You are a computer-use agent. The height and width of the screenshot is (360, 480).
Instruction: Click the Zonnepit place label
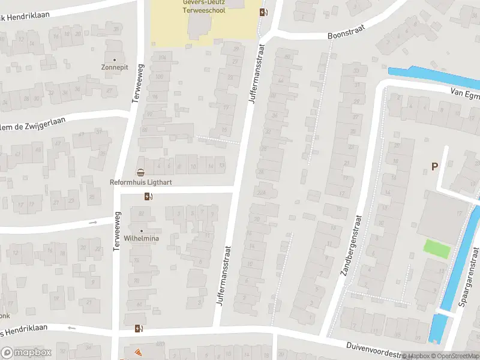(x=115, y=68)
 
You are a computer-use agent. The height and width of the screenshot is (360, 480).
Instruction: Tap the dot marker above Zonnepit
(x=114, y=60)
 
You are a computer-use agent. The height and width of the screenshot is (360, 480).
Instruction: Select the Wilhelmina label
(x=142, y=239)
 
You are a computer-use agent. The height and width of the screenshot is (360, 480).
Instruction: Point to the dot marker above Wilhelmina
(x=142, y=231)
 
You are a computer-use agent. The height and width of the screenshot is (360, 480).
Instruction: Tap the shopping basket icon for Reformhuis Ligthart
(x=140, y=173)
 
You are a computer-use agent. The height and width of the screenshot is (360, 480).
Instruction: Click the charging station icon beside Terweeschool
(x=263, y=12)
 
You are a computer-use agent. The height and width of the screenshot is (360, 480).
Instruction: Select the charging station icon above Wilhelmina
(x=148, y=196)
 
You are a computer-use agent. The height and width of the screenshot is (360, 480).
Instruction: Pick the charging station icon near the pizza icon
(x=139, y=328)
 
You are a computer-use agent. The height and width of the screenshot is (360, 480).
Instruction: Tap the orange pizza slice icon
(x=138, y=352)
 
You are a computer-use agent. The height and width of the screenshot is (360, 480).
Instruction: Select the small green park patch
(x=437, y=249)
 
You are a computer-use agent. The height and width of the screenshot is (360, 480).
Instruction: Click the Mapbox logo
(x=26, y=353)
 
